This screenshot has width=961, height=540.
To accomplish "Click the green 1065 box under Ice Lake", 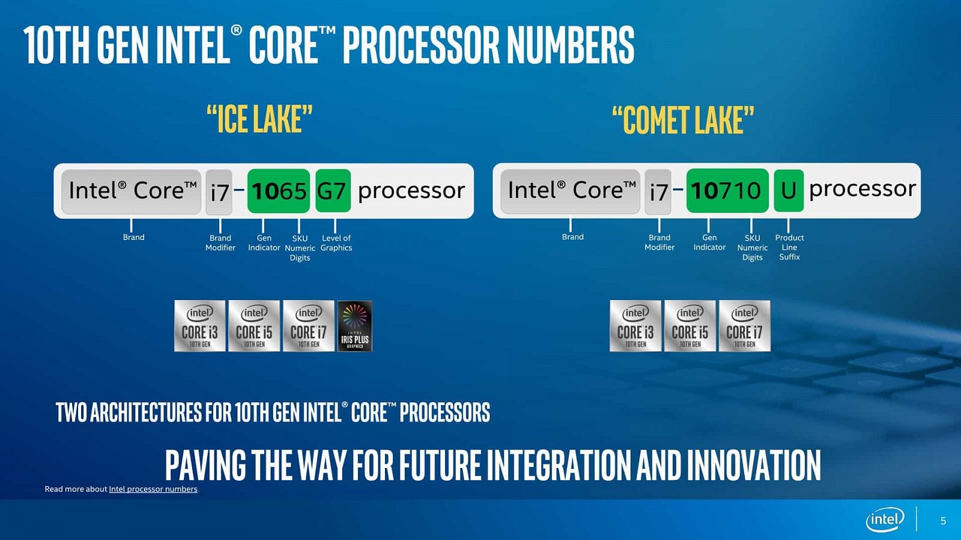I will (x=278, y=191).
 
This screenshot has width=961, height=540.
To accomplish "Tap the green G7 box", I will (x=332, y=191).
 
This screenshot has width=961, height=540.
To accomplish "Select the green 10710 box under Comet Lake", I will (x=727, y=191).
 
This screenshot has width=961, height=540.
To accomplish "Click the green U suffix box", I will (x=788, y=191).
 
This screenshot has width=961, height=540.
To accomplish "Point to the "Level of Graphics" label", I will (x=336, y=243).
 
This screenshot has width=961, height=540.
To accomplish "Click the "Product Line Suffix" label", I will (x=789, y=247).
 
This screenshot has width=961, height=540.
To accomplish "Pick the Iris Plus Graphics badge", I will (x=355, y=326).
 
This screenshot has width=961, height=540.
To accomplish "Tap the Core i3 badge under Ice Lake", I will (x=200, y=326).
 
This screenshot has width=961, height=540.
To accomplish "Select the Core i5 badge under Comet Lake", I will (x=690, y=326).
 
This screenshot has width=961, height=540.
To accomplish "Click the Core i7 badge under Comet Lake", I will (x=744, y=326).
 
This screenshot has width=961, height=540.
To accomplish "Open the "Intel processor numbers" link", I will (x=153, y=489).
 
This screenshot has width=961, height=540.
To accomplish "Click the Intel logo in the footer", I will (x=885, y=520).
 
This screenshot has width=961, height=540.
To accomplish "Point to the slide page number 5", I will (x=943, y=521).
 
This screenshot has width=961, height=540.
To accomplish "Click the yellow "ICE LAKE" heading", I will (x=259, y=119).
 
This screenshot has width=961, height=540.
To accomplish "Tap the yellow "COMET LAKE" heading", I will (x=683, y=120).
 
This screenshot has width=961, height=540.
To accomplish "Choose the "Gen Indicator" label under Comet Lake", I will (x=709, y=242).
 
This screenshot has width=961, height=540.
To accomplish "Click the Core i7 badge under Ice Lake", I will (x=308, y=326).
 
